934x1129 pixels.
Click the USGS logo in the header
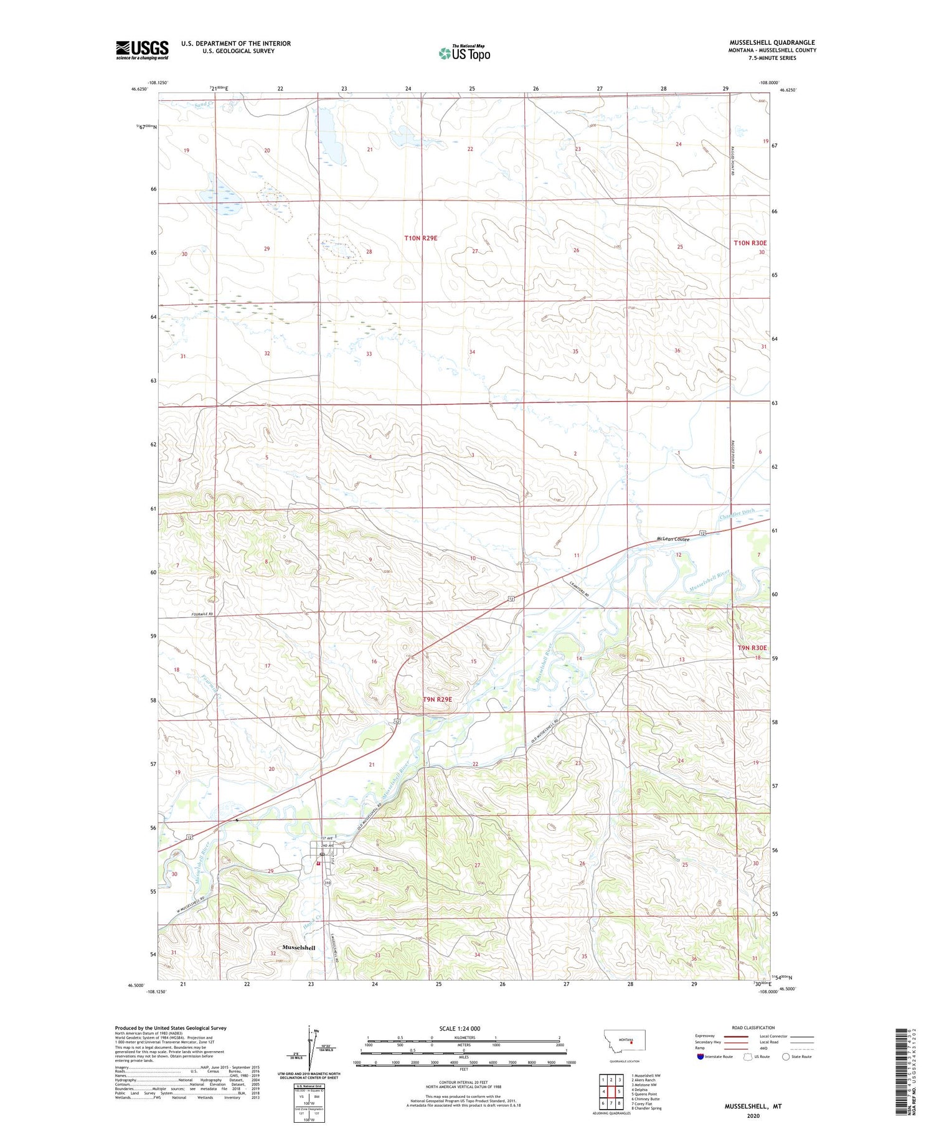click(142, 50)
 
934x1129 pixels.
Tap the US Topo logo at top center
click(465, 53)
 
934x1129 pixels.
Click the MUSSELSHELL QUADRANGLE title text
click(772, 42)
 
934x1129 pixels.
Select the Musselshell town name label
click(299, 948)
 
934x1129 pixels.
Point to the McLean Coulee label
click(673, 539)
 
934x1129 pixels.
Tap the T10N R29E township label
click(425, 238)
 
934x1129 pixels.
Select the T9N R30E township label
click(752, 648)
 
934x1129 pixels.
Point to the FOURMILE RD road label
click(202, 615)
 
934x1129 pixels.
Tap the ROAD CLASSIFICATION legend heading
click(753, 1027)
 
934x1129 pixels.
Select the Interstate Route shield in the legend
click(700, 1057)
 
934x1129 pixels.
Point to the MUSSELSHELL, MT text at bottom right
click(752, 1107)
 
